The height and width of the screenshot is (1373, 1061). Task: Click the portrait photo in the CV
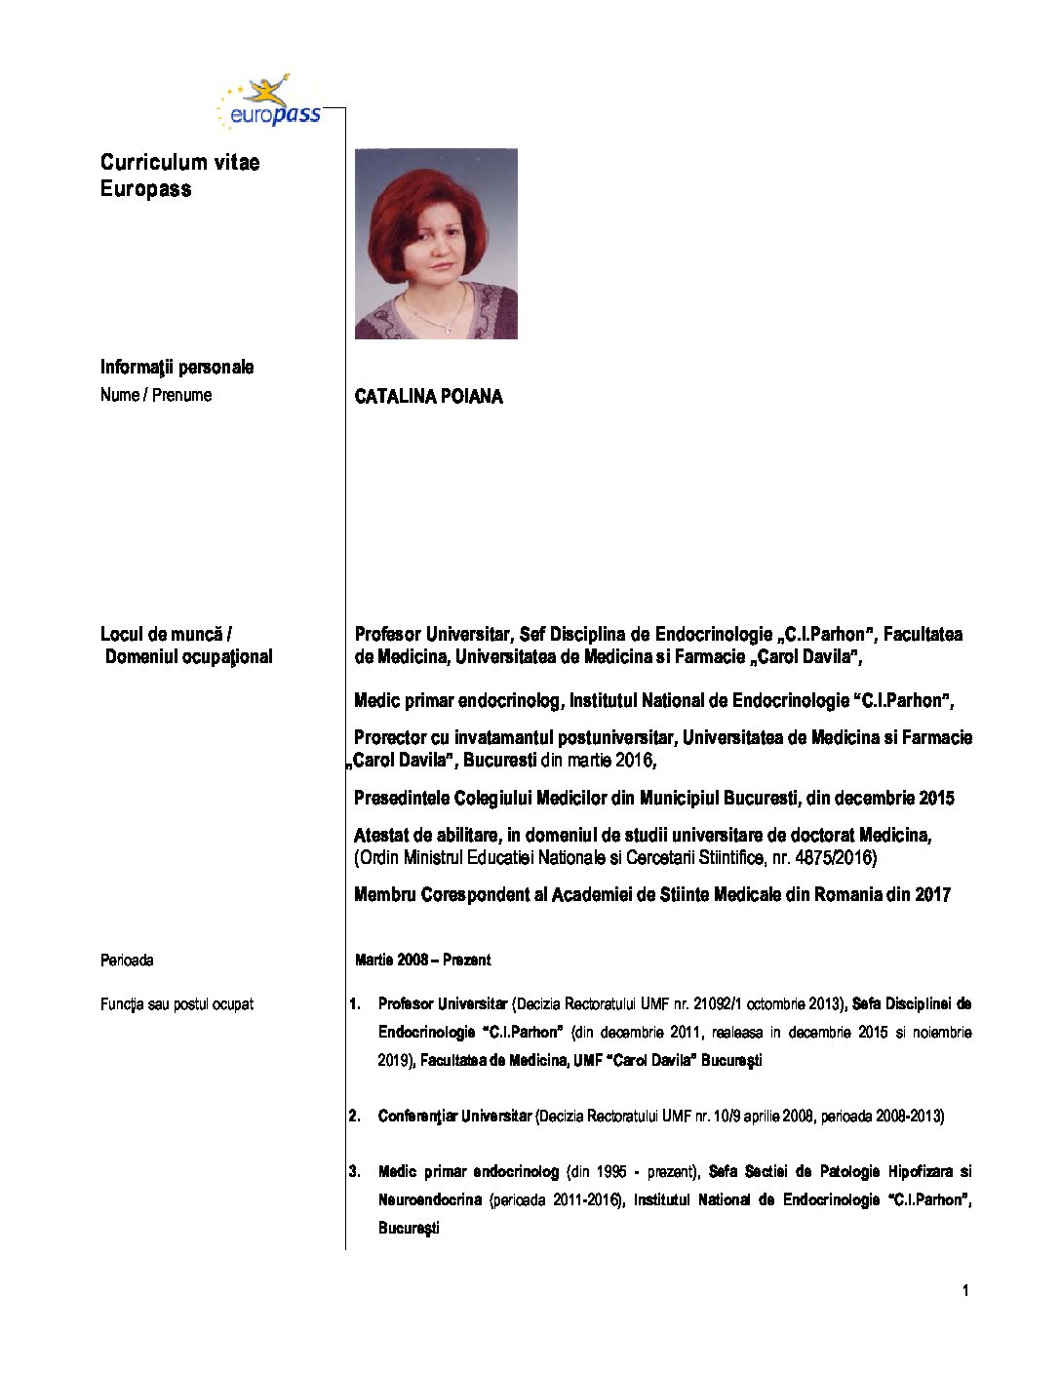pyautogui.click(x=436, y=243)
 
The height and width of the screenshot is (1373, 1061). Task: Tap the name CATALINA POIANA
pyautogui.click(x=428, y=397)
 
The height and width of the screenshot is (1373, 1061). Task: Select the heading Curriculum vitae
pyautogui.click(x=179, y=163)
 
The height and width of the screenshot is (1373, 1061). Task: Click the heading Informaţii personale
pyautogui.click(x=177, y=368)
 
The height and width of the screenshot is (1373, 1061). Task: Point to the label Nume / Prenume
pyautogui.click(x=156, y=395)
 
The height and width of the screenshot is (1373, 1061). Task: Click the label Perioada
pyautogui.click(x=127, y=961)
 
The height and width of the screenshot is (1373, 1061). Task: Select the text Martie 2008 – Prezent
pyautogui.click(x=422, y=961)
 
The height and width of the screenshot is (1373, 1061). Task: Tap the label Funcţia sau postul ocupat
pyautogui.click(x=177, y=1004)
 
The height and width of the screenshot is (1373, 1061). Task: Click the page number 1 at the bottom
pyautogui.click(x=965, y=1291)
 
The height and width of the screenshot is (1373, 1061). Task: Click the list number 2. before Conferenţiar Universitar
pyautogui.click(x=355, y=1117)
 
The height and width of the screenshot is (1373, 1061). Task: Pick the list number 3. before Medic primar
pyautogui.click(x=355, y=1172)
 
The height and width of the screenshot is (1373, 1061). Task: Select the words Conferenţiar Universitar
pyautogui.click(x=454, y=1117)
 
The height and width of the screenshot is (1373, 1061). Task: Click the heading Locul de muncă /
pyautogui.click(x=166, y=635)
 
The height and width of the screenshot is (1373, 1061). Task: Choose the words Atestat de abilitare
pyautogui.click(x=425, y=836)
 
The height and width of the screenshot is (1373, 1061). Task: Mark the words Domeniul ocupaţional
pyautogui.click(x=189, y=657)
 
